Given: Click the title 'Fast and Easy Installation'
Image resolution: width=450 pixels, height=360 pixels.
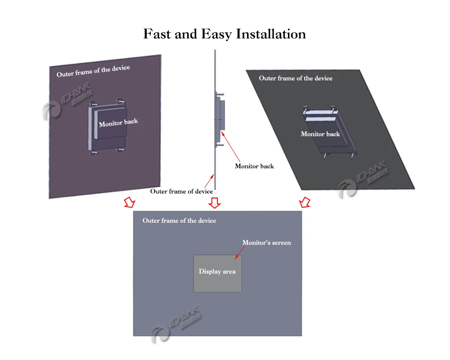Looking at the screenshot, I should [225, 34].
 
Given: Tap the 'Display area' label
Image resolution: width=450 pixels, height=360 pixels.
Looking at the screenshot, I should [217, 271].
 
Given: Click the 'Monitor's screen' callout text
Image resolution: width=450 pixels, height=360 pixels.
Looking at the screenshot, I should [266, 243].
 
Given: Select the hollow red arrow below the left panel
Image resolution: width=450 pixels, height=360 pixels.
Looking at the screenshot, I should [129, 202].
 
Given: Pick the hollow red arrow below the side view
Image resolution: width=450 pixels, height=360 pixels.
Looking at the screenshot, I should [215, 202].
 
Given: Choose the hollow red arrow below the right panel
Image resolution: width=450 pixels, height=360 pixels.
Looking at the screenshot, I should [305, 202].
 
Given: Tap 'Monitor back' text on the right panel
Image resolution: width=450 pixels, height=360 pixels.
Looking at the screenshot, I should [320, 134].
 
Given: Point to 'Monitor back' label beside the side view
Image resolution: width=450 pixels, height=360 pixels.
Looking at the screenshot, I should [254, 166].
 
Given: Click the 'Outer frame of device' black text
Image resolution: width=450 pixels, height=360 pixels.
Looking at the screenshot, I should [181, 191].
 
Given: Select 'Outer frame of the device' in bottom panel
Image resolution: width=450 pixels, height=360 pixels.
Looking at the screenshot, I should [179, 220].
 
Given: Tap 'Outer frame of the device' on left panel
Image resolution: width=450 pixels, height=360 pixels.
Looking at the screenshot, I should [93, 71].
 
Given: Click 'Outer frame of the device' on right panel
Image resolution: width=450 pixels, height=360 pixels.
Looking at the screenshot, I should [296, 78].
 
